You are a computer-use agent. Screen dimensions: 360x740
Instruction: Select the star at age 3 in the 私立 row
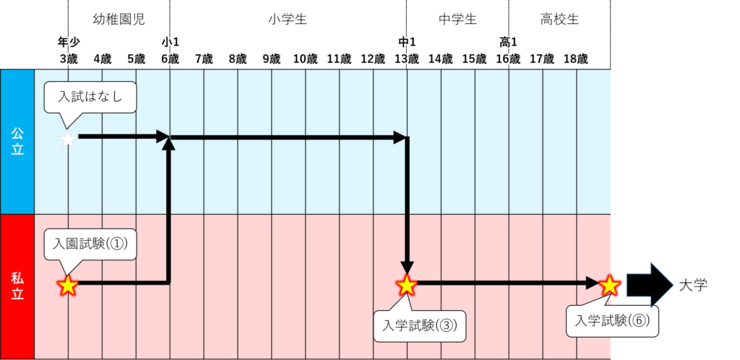[67, 286]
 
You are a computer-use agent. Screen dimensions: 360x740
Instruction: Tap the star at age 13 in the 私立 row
[407, 286]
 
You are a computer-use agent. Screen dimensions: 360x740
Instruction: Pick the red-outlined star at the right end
[611, 286]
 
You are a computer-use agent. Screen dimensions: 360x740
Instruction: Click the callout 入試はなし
[90, 98]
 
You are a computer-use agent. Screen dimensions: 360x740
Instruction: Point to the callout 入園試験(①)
[90, 244]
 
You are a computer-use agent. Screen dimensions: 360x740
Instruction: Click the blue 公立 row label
[17, 142]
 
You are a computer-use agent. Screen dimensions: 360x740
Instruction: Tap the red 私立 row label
[17, 286]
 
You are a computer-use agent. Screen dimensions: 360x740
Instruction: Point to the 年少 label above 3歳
[68, 42]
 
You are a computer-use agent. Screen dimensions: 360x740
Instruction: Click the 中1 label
[407, 42]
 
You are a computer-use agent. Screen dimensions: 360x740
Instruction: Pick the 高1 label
[509, 42]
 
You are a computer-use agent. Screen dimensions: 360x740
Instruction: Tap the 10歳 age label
[305, 59]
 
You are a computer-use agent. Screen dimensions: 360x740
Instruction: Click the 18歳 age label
[576, 59]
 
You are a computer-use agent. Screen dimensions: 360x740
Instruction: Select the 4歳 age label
[102, 59]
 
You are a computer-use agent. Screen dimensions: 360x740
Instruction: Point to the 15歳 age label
[474, 59]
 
